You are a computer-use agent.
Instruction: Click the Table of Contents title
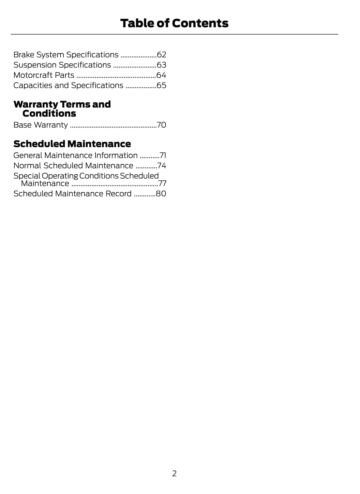[174, 23]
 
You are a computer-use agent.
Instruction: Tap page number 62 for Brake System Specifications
[161, 55]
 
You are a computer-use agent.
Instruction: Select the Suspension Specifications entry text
[62, 65]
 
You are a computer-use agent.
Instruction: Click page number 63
[161, 65]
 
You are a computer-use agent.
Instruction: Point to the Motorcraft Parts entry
[44, 75]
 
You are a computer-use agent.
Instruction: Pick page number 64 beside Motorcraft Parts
[161, 75]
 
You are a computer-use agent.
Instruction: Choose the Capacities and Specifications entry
[68, 86]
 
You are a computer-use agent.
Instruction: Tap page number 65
[161, 86]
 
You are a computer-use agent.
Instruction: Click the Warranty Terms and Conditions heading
[62, 109]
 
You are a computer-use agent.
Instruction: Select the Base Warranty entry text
[41, 125]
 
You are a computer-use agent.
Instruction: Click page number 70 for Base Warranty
[161, 125]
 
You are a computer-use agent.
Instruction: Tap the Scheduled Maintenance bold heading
[72, 144]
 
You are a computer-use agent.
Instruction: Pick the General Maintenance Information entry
[75, 155]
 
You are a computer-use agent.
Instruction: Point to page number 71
[163, 155]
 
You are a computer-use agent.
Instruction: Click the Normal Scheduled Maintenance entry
[73, 166]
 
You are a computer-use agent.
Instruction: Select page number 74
[162, 166]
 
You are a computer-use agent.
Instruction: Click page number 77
[162, 183]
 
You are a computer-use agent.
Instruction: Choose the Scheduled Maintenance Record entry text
[72, 194]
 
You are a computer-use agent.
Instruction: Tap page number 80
[161, 194]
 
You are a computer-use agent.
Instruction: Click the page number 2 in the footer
[174, 474]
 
